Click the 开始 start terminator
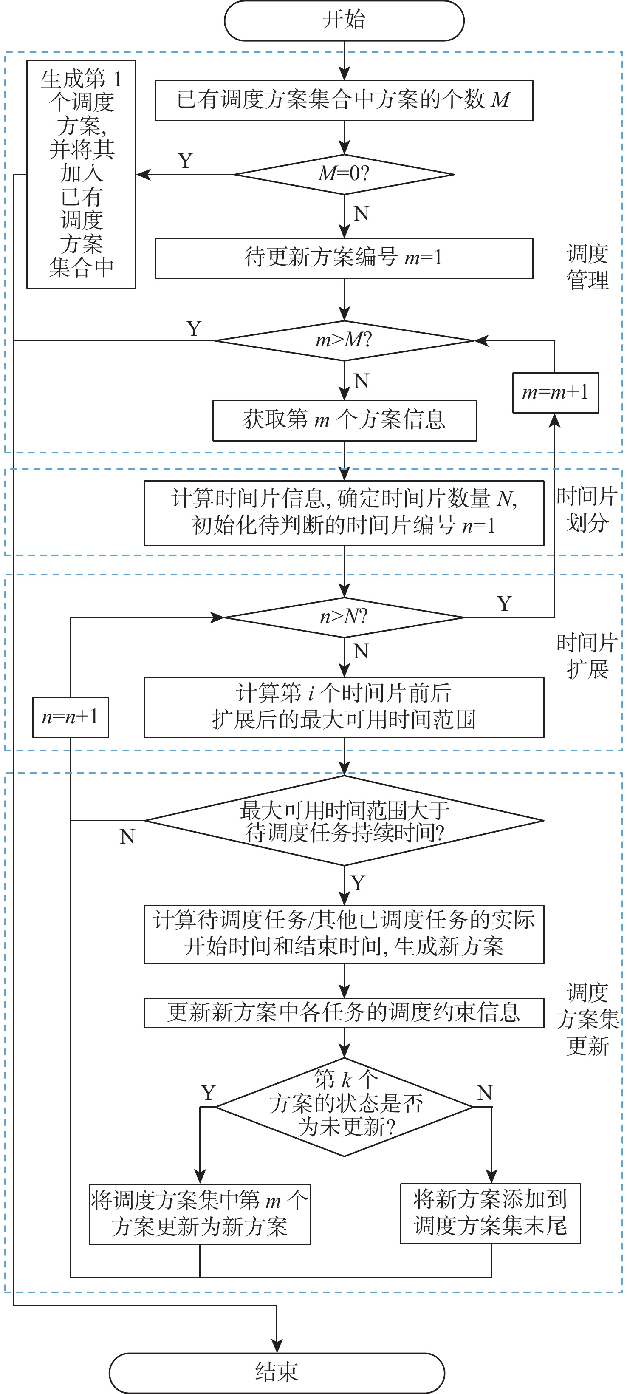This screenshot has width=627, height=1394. click(x=344, y=20)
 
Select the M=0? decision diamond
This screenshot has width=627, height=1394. click(x=344, y=174)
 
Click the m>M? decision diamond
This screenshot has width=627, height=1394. click(x=344, y=340)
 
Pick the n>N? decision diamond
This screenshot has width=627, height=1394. click(x=344, y=617)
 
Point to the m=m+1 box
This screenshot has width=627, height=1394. click(x=555, y=392)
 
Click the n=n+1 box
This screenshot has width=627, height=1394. click(x=71, y=717)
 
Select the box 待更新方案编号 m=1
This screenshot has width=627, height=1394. click(x=344, y=258)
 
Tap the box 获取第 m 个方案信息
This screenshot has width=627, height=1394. click(x=344, y=420)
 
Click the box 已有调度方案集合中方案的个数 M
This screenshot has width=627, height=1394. click(x=344, y=100)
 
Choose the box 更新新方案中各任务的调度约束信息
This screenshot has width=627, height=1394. click(x=344, y=1012)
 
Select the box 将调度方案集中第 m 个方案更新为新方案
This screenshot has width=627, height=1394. click(x=200, y=1214)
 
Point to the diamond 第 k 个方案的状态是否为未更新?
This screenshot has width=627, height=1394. click(x=344, y=1107)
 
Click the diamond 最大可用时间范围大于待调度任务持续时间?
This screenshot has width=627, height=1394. click(x=344, y=821)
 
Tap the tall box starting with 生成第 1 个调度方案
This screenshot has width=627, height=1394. click(x=81, y=174)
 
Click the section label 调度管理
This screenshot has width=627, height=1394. click(x=587, y=267)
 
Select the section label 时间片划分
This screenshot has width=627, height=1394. click(x=587, y=509)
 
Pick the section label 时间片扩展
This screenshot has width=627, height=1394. click(x=587, y=656)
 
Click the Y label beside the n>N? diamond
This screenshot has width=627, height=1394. click(x=504, y=603)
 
